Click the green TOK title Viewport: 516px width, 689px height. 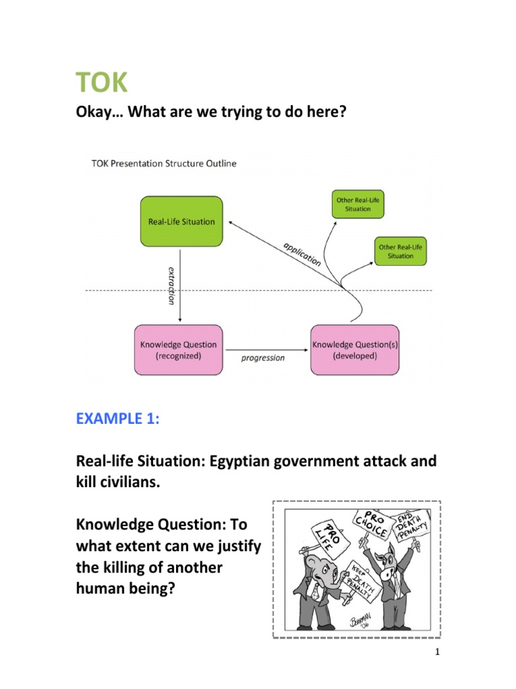pyautogui.click(x=101, y=84)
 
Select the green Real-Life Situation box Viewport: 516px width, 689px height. pyautogui.click(x=181, y=221)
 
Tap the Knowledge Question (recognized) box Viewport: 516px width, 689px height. pyautogui.click(x=178, y=350)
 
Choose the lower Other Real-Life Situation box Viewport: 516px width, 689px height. pyautogui.click(x=400, y=251)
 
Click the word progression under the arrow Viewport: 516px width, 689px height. pyautogui.click(x=263, y=358)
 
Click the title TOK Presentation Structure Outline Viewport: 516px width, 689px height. pyautogui.click(x=163, y=164)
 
